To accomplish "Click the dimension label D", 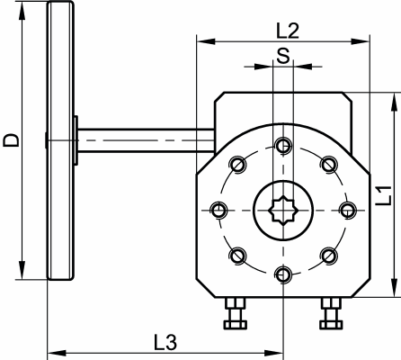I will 11,139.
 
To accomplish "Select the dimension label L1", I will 383,194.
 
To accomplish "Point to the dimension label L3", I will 165,342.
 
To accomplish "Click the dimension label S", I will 283,56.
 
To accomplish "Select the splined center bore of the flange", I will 282,209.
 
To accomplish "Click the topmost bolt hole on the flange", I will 283,144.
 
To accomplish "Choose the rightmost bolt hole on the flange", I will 348,209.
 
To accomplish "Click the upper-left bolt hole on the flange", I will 237,163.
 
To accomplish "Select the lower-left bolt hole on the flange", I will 237,256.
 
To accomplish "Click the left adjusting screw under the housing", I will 237,314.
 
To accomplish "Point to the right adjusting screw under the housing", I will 329,314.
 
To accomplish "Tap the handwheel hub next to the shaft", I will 78,140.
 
